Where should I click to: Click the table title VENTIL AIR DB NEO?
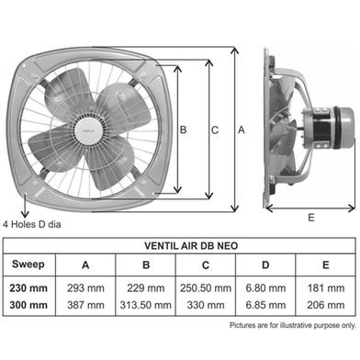(191, 246)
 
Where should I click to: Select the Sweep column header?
(28, 264)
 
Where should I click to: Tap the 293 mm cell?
(85, 288)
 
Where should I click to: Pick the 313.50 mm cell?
(146, 305)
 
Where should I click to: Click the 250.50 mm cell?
(206, 288)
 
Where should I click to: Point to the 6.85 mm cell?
(265, 305)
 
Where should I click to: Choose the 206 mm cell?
(326, 305)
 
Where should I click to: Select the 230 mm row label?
(28, 288)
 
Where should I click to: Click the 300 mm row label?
(28, 305)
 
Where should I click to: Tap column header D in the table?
(265, 264)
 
